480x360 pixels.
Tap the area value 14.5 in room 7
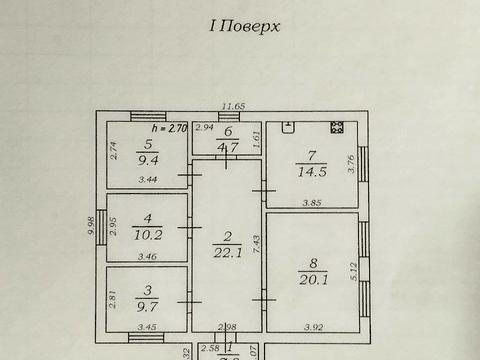point(311,171)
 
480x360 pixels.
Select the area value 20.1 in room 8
point(311,277)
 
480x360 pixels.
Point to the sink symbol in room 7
point(289,127)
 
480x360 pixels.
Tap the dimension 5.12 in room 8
point(353,271)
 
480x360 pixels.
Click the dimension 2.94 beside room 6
point(204,128)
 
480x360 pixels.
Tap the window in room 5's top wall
point(147,117)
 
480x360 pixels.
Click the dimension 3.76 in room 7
point(353,163)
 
